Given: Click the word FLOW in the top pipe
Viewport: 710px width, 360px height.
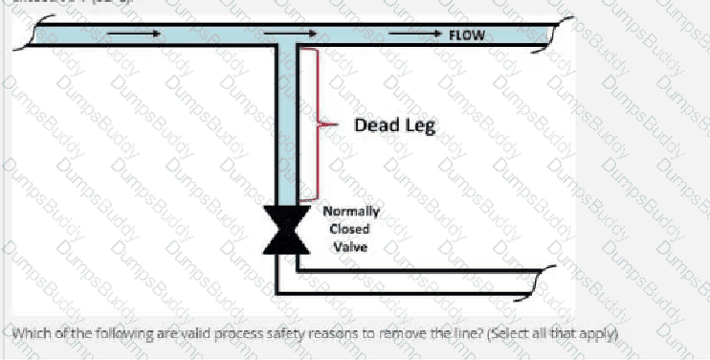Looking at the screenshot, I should tap(467, 35).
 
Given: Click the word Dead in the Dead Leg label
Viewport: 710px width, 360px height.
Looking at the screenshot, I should tap(376, 125).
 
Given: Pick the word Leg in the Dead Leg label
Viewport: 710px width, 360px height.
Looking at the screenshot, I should tap(419, 126).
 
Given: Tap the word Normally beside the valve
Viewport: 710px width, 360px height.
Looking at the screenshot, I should tap(351, 212).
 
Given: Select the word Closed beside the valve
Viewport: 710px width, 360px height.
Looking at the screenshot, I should tap(349, 229).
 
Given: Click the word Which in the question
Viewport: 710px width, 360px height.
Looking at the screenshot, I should tap(33, 333).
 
